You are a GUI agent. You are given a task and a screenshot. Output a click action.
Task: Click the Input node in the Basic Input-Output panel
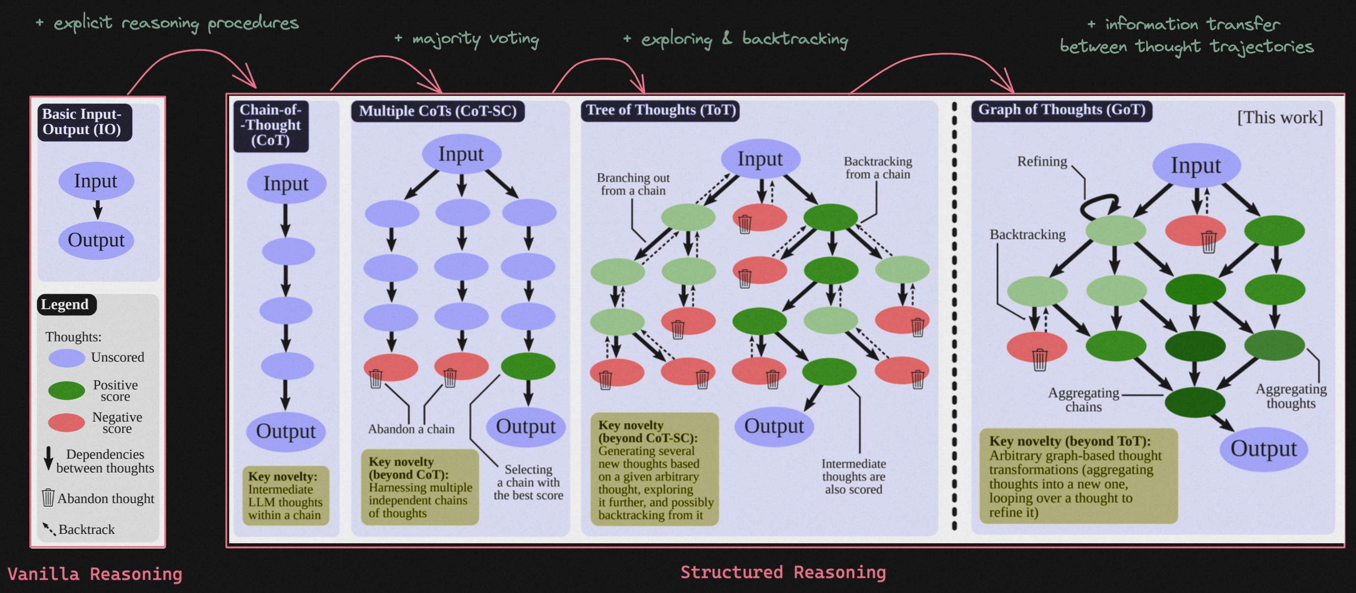pos(96,181)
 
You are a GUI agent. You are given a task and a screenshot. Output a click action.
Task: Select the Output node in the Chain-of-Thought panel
pos(286,431)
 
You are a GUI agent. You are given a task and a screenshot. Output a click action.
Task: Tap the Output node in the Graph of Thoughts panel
pos(1263,449)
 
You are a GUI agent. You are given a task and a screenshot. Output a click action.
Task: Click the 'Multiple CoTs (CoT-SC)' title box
pos(438,111)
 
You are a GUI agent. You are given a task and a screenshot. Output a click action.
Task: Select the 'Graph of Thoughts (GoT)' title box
pos(1062,110)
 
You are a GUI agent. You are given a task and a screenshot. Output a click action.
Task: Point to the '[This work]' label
pos(1280,117)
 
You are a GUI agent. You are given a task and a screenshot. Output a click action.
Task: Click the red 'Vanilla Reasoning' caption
pos(95,574)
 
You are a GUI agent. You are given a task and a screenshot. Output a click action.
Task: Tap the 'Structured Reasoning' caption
pos(783,572)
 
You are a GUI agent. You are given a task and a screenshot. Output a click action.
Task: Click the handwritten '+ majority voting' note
pos(467,39)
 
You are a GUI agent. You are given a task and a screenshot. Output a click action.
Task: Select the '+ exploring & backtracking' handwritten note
pos(735,39)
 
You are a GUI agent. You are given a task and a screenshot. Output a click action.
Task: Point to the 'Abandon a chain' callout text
pos(411,429)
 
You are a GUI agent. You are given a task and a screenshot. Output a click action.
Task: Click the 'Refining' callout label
pos(1042,162)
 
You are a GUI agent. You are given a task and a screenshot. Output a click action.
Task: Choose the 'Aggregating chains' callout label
pos(1083,400)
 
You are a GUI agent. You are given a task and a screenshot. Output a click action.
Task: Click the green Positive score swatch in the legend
pos(66,390)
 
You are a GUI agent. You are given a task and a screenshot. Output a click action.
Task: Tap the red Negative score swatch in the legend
pos(66,422)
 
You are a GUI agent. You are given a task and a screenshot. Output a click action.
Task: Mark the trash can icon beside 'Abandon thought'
pos(48,497)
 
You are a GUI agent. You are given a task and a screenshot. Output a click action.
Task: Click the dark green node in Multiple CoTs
pos(528,366)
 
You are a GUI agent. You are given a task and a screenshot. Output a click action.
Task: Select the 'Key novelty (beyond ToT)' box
pos(1078,476)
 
